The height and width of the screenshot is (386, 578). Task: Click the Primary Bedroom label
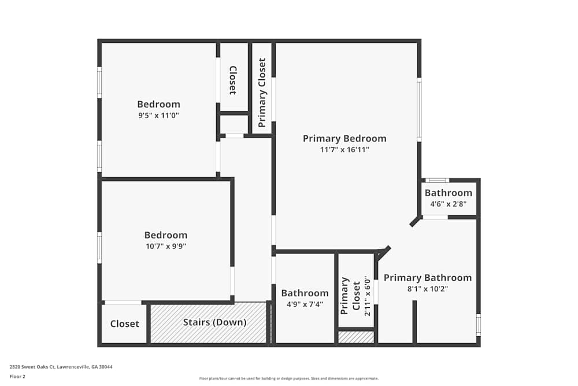click(x=344, y=138)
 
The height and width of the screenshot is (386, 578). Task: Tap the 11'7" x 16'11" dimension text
click(x=344, y=150)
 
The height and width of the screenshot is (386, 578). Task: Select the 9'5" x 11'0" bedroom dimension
click(x=158, y=115)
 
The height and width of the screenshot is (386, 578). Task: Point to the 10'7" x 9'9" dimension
click(x=165, y=246)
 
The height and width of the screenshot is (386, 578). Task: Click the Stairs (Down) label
click(x=214, y=322)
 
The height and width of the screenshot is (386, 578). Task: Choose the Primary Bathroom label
click(x=427, y=278)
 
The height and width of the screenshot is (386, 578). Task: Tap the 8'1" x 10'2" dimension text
click(x=427, y=289)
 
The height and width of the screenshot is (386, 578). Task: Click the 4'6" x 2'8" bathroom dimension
click(x=448, y=204)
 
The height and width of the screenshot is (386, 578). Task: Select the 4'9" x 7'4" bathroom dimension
click(x=305, y=304)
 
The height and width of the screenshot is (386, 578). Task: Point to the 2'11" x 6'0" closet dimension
click(x=367, y=296)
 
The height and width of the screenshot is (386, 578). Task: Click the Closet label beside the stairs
click(x=125, y=323)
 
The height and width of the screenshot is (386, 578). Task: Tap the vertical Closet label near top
click(x=233, y=80)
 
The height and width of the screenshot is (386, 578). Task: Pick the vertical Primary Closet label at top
click(x=262, y=93)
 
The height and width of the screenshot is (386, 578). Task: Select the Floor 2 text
click(x=17, y=376)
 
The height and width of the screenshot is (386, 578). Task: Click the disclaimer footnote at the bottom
click(x=289, y=378)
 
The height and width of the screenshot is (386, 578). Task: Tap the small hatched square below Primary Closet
click(x=356, y=337)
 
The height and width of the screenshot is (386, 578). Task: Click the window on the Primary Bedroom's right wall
click(x=419, y=110)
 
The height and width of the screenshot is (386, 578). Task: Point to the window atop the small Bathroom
click(x=437, y=180)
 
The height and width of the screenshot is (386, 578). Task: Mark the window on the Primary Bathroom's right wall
click(x=478, y=324)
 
